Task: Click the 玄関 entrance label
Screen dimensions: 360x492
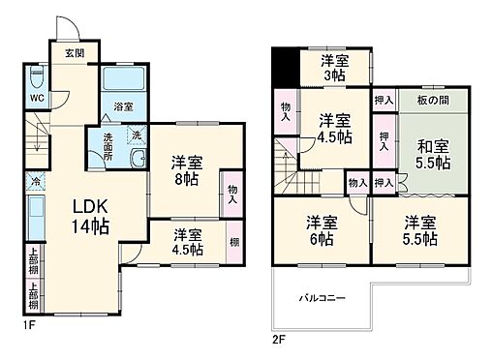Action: (75, 53)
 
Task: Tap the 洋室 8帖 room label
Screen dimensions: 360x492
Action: (187, 170)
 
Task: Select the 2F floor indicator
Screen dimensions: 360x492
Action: (279, 340)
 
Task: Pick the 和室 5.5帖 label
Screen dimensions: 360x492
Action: (433, 155)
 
